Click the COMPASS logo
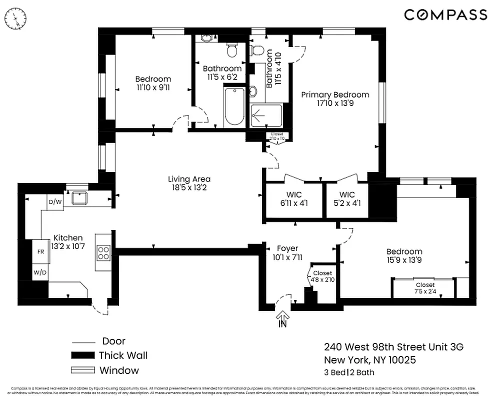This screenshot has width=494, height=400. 445,15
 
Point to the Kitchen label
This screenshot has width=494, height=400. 68,242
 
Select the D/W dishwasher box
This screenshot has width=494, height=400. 54,202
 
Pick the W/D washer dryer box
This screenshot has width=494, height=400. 40,272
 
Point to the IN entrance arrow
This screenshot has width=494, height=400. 283,318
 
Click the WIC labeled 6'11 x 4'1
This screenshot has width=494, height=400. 293,199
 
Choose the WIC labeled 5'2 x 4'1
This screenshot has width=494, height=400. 346,199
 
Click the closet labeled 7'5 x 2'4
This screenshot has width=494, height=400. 424,288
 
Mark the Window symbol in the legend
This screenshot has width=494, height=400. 82,370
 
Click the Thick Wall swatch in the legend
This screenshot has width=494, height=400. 82,355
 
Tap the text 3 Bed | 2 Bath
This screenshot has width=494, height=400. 349,372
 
